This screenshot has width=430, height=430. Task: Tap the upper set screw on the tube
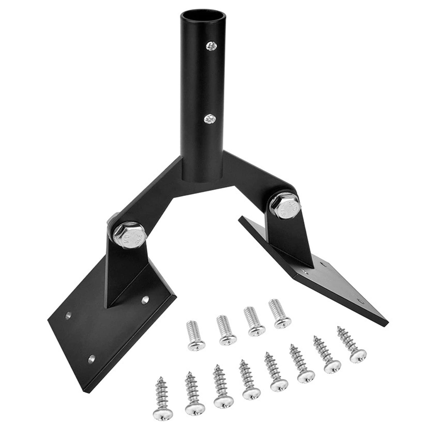[x=211, y=46]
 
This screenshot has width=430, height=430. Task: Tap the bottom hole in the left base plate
[x=92, y=358]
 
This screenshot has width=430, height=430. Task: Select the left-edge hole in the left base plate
[x=68, y=315]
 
